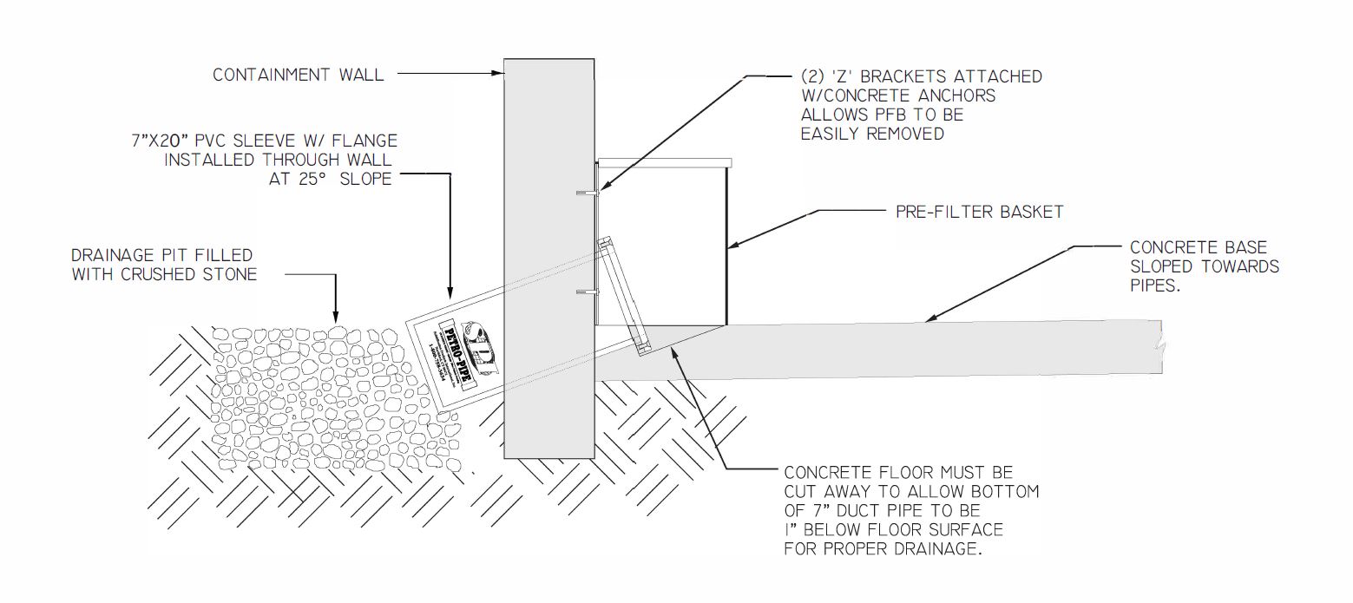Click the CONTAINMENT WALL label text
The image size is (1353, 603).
[298, 75]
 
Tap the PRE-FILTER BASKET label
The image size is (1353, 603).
[979, 211]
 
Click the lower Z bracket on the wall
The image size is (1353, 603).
[587, 290]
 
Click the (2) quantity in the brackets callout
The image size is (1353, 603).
[816, 76]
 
